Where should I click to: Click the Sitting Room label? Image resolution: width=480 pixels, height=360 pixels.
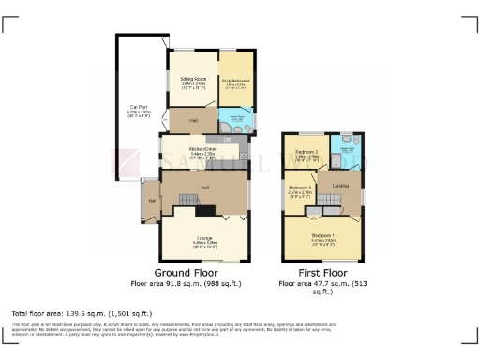click(x=193, y=82)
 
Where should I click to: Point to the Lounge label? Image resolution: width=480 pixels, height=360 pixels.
click(x=204, y=237)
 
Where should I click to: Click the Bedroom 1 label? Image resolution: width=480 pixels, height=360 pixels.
click(x=322, y=234)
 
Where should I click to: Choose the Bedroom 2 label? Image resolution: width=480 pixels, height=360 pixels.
click(x=307, y=151)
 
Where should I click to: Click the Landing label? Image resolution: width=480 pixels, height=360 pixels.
click(x=341, y=186)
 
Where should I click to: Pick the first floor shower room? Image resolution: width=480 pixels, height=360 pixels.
click(x=346, y=150)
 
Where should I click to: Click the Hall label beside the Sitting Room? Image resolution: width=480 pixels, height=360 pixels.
click(x=193, y=121)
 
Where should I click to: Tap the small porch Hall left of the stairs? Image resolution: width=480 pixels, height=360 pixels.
click(x=150, y=199)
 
